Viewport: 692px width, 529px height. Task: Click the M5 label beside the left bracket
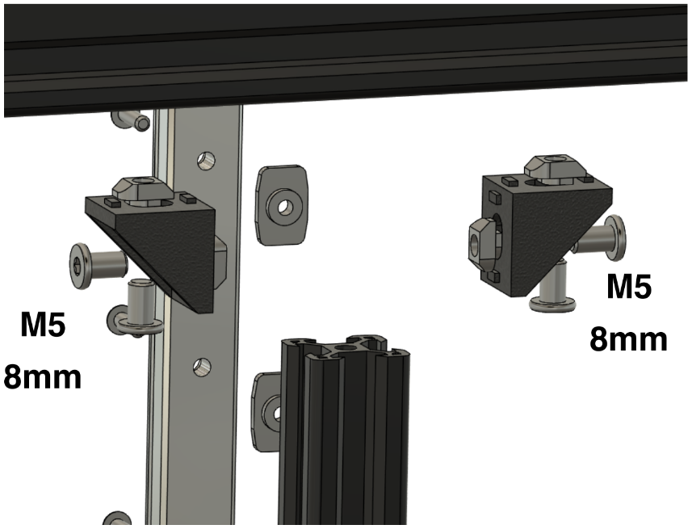(x=44, y=325)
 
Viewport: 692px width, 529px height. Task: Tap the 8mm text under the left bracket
(x=42, y=377)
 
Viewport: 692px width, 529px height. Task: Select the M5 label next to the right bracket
(x=629, y=286)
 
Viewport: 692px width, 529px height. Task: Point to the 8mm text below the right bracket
(x=628, y=339)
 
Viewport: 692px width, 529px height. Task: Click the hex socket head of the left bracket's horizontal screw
(x=79, y=267)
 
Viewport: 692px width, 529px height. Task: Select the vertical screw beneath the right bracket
(x=553, y=288)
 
